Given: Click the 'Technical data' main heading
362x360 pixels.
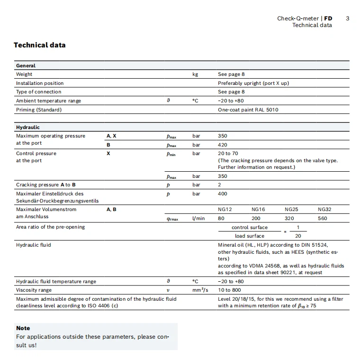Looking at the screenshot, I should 40,46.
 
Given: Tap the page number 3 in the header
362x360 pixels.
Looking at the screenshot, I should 347,18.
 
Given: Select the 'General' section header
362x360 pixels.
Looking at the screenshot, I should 26,65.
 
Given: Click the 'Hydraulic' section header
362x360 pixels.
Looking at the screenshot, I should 28,127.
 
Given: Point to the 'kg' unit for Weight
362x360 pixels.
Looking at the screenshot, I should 195,74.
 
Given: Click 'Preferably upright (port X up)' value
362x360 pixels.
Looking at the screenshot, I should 253,83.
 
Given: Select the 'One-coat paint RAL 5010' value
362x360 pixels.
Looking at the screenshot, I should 248,110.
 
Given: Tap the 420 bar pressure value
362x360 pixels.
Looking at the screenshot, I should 222,145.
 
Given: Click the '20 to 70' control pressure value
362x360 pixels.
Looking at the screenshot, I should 228,154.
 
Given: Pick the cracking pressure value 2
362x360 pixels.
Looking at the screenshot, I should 219,185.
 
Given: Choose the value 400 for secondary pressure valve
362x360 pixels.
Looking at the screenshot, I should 222,194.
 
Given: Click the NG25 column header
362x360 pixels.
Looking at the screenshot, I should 291,209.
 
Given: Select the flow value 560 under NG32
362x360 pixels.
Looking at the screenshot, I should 322,218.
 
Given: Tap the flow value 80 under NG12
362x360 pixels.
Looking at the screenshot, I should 221,218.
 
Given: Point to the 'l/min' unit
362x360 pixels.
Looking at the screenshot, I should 199,218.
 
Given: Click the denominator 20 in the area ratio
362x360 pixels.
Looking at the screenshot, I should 298,236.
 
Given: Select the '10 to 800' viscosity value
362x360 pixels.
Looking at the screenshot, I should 229,290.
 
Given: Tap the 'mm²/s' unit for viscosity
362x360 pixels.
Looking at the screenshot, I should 200,290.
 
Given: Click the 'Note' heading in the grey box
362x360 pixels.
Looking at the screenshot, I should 23,328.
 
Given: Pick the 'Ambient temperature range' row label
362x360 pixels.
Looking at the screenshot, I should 48,101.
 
